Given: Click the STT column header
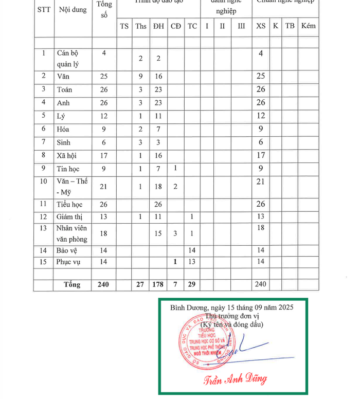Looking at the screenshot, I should pyautogui.click(x=44, y=10).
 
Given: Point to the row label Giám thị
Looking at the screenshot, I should pyautogui.click(x=69, y=216).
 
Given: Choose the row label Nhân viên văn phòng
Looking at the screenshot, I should pyautogui.click(x=72, y=233).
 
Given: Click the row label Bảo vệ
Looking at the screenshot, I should pyautogui.click(x=67, y=250).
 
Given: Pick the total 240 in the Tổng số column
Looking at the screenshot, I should pyautogui.click(x=104, y=284).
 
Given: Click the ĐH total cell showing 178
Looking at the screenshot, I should pyautogui.click(x=158, y=284).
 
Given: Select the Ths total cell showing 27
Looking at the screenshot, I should pyautogui.click(x=140, y=284).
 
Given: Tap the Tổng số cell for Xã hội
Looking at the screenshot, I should pyautogui.click(x=104, y=155).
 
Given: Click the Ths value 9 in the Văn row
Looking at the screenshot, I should pyautogui.click(x=140, y=76).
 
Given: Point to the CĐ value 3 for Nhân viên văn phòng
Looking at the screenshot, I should pyautogui.click(x=175, y=233).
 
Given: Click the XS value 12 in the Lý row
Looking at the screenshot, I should pyautogui.click(x=261, y=115).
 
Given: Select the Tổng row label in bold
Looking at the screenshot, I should pyautogui.click(x=71, y=284).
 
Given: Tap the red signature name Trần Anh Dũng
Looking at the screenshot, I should pyautogui.click(x=235, y=379).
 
